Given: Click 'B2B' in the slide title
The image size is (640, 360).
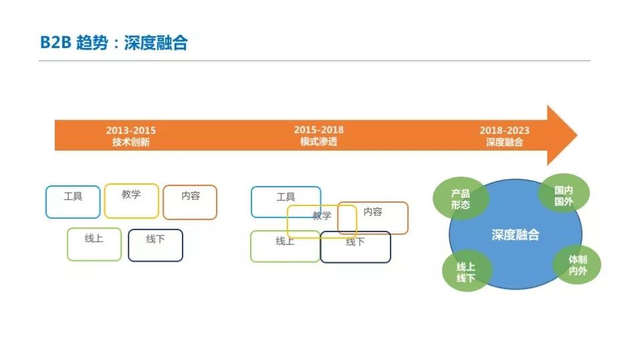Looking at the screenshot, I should [x=54, y=43].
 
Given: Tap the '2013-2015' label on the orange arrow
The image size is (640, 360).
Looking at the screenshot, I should [x=130, y=130].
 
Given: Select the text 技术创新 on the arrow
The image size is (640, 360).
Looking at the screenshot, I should [x=130, y=142].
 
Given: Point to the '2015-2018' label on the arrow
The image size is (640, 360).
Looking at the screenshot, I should [x=318, y=130].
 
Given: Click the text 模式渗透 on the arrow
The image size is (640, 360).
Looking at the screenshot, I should [x=318, y=142].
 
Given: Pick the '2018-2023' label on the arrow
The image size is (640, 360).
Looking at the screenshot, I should [x=504, y=130].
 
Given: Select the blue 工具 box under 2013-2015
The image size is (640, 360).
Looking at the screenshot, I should [x=73, y=201].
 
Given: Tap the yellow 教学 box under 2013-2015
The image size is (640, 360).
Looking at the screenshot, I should [x=132, y=201].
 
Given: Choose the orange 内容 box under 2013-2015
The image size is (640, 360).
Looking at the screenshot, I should [x=190, y=202].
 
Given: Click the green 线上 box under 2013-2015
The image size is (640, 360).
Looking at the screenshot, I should [x=94, y=244].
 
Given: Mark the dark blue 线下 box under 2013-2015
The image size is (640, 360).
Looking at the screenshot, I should [x=155, y=245].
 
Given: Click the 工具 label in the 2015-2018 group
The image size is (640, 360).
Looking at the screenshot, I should [x=286, y=197].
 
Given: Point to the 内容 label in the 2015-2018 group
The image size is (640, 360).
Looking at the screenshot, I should [x=372, y=211].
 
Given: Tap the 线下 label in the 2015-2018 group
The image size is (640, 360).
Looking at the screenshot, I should [x=355, y=242].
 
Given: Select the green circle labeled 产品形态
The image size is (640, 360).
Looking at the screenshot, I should [x=460, y=199].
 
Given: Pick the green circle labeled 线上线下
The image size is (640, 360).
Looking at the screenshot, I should [x=466, y=272].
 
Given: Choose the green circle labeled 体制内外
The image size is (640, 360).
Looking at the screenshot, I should [x=577, y=266].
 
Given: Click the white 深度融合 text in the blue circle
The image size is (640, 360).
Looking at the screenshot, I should [x=515, y=236].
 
